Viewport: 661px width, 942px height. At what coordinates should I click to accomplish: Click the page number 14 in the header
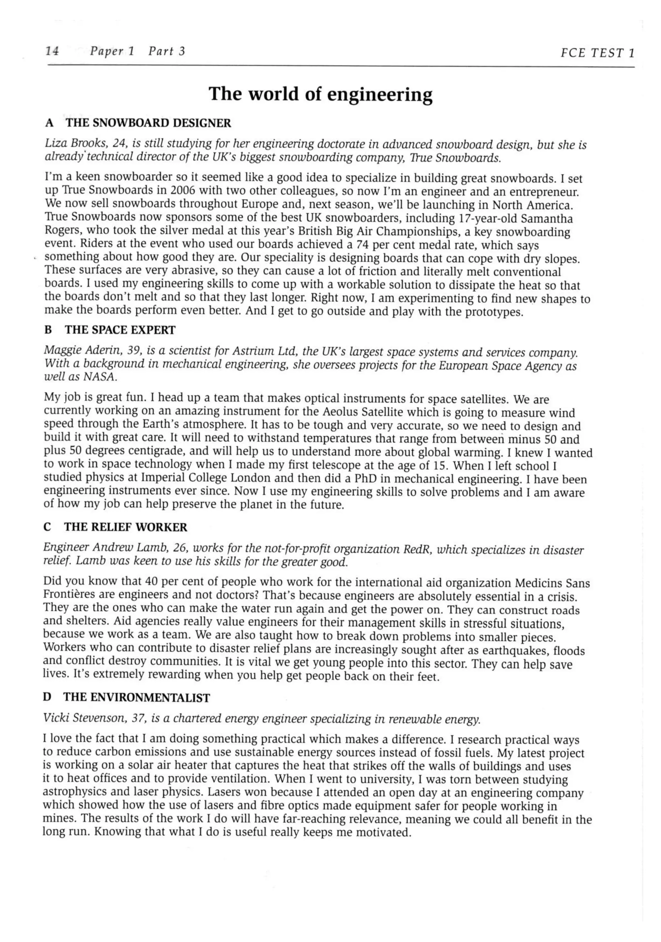(52, 51)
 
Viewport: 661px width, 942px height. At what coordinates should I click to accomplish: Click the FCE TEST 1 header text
(597, 53)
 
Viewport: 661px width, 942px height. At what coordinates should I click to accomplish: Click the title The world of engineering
(321, 94)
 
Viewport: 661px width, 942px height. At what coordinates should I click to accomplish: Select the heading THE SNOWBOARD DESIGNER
(148, 123)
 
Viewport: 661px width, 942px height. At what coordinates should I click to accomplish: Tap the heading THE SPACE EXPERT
(120, 330)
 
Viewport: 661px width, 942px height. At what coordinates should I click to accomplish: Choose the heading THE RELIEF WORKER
(126, 528)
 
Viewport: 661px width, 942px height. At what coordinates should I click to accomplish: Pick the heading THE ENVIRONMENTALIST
(137, 698)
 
